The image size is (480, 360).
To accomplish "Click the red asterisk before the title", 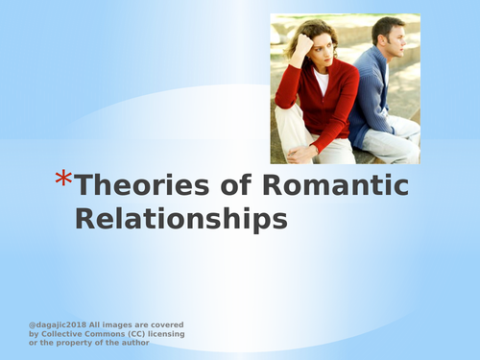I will (x=62, y=180).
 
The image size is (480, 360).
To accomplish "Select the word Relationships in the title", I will (x=181, y=219).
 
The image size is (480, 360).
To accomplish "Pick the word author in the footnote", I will (x=132, y=343).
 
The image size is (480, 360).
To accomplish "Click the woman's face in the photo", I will (x=317, y=50).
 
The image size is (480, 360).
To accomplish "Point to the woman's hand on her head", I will (x=300, y=43).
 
